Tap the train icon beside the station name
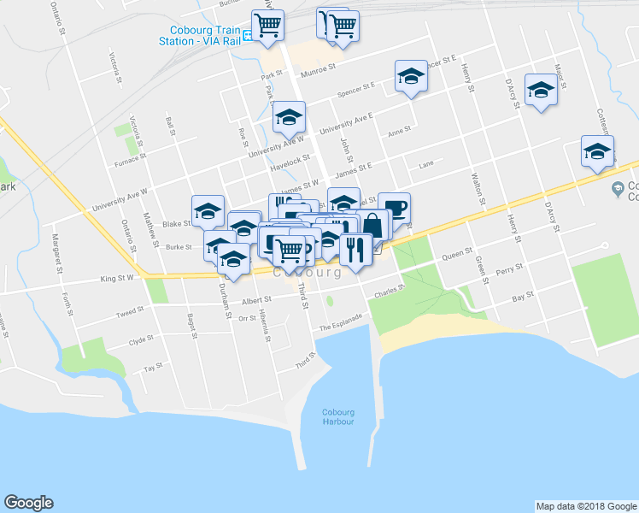click(246, 35)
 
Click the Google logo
click(28, 503)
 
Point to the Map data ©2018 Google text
click(585, 506)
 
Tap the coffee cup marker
click(395, 207)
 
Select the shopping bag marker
click(373, 225)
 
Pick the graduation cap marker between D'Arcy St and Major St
click(541, 90)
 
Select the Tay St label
click(153, 367)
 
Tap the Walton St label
click(478, 190)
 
